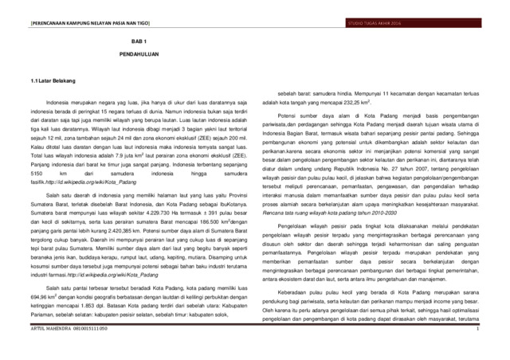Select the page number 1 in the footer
coord(500,351)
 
